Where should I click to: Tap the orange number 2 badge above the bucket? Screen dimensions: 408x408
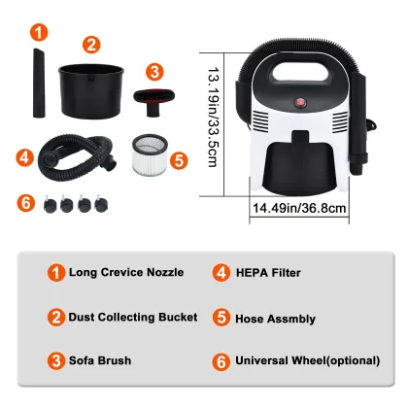coord(90,43)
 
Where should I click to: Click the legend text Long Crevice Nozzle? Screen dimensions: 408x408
coord(126,272)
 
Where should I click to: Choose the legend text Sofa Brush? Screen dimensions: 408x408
coord(100,360)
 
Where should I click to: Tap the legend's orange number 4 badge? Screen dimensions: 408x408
coord(221,272)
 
